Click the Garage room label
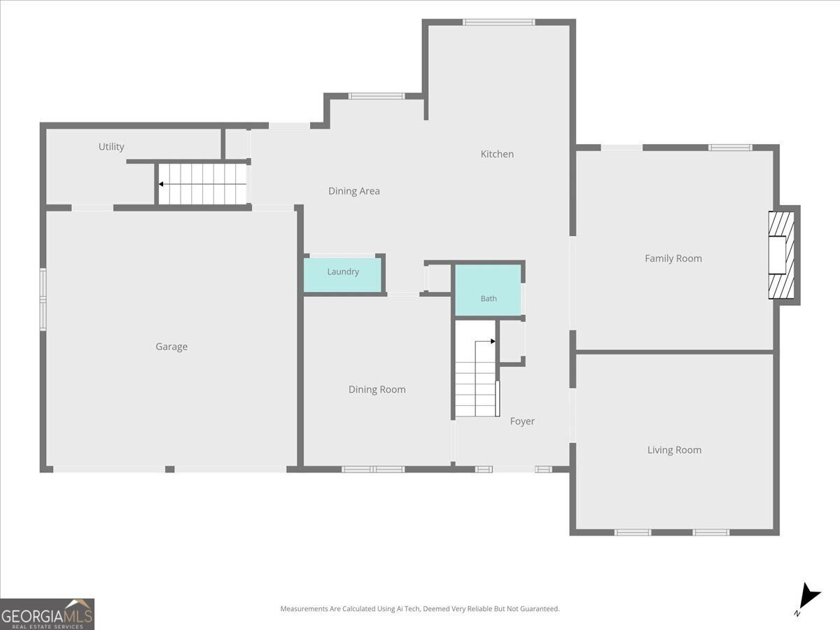pos(171,346)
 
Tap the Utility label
pos(111,146)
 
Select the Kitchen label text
pos(497,154)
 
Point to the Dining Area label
pos(354,191)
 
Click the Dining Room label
pos(377,389)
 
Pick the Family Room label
pos(673,258)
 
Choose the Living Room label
pos(674,450)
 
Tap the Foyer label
pos(522,421)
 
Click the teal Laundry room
pos(343,275)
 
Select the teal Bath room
pos(488,290)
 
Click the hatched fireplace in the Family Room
pos(781,255)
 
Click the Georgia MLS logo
pos(47,614)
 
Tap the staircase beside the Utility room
pos(202,184)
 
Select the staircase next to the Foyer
pos(476,369)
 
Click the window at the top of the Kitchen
pos(498,22)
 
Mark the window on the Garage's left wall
pos(43,299)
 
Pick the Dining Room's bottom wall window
pos(373,469)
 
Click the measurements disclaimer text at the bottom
pos(420,608)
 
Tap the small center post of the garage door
pos(170,469)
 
